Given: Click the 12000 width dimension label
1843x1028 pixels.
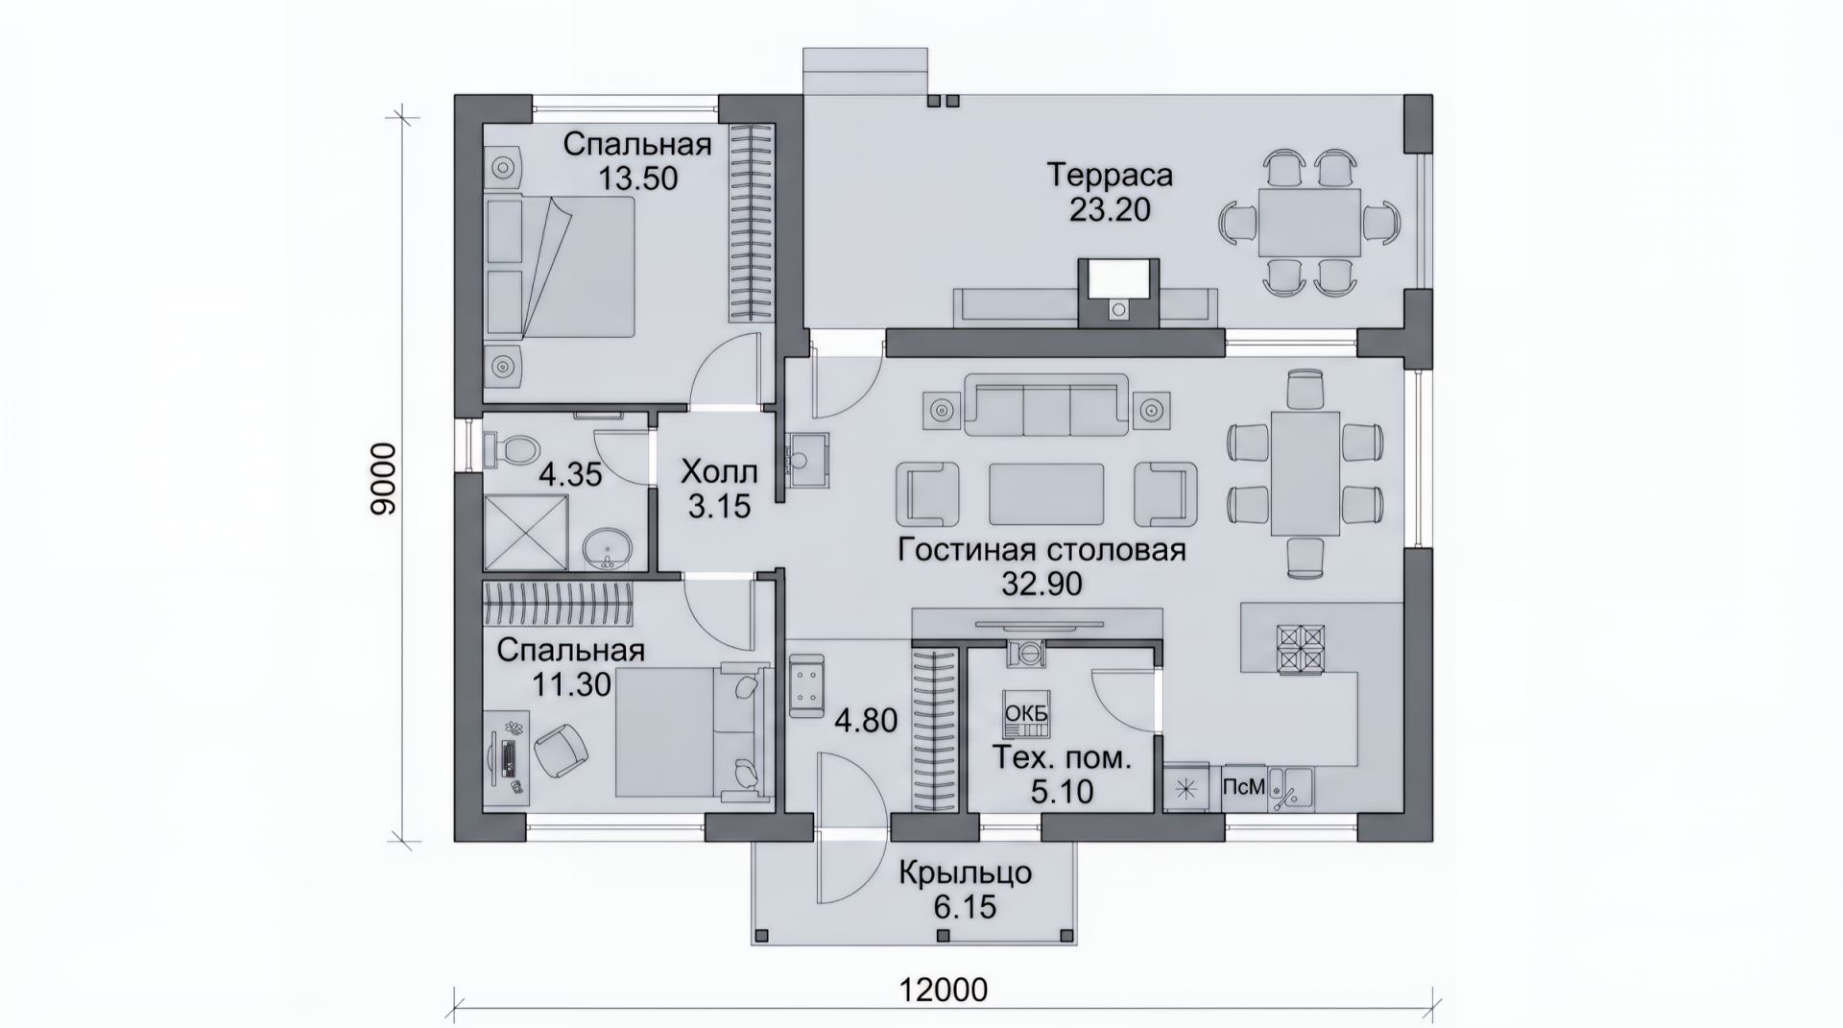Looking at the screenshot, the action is click(x=944, y=989).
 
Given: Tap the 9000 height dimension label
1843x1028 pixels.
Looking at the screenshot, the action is click(x=383, y=479).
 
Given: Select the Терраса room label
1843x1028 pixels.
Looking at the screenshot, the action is click(x=1110, y=176).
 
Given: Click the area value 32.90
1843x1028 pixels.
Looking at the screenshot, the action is click(x=1042, y=584).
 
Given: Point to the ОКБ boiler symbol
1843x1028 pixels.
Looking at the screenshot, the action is click(x=1026, y=715).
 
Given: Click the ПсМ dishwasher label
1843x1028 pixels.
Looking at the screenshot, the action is click(x=1244, y=787).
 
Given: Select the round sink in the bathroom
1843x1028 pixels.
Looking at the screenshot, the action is click(x=607, y=548).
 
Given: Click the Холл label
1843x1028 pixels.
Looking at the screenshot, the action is click(x=719, y=472).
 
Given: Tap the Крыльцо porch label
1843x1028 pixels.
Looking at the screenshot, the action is click(x=966, y=873).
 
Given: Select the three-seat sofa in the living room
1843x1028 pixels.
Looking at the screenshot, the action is click(x=1046, y=405).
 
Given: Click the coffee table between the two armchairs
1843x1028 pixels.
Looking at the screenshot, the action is click(x=1046, y=493).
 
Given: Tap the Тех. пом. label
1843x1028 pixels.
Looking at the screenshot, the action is click(x=1061, y=757).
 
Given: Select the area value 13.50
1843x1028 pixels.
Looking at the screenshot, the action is click(x=638, y=178).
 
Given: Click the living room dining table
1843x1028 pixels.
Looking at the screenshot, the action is click(x=1305, y=473).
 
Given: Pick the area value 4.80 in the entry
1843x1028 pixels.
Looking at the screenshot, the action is click(x=866, y=720).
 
